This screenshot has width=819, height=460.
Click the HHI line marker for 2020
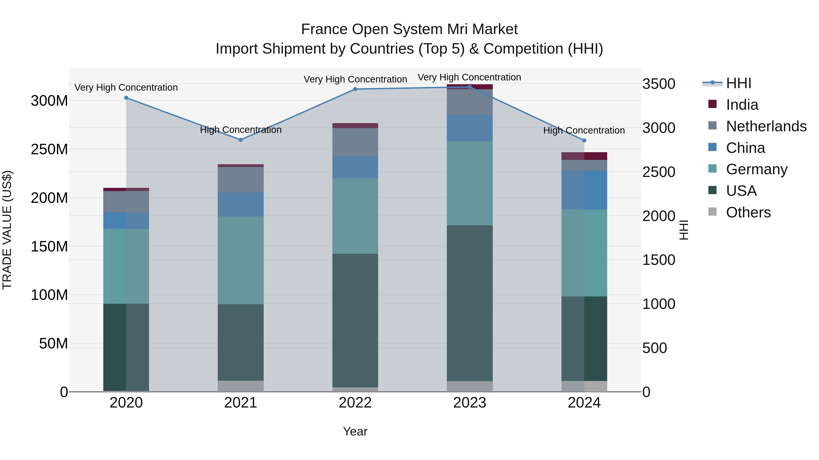126,98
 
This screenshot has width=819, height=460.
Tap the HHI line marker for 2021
241,140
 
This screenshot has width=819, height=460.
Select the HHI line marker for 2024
584,140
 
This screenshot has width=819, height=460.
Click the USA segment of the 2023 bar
470,303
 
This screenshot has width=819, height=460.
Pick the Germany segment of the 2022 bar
355,216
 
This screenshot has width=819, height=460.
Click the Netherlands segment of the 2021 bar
241,180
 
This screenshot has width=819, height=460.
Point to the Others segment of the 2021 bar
241,386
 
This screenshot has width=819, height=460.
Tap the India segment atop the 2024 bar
584,156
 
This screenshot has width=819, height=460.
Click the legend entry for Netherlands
766,126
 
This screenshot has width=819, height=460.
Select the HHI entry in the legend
738,83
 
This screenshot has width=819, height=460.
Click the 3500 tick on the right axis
658,84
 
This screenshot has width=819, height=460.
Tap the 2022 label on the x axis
355,403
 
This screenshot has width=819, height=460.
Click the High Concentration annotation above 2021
241,130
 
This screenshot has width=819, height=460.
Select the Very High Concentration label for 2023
469,77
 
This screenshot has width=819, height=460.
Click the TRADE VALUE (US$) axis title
7,230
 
